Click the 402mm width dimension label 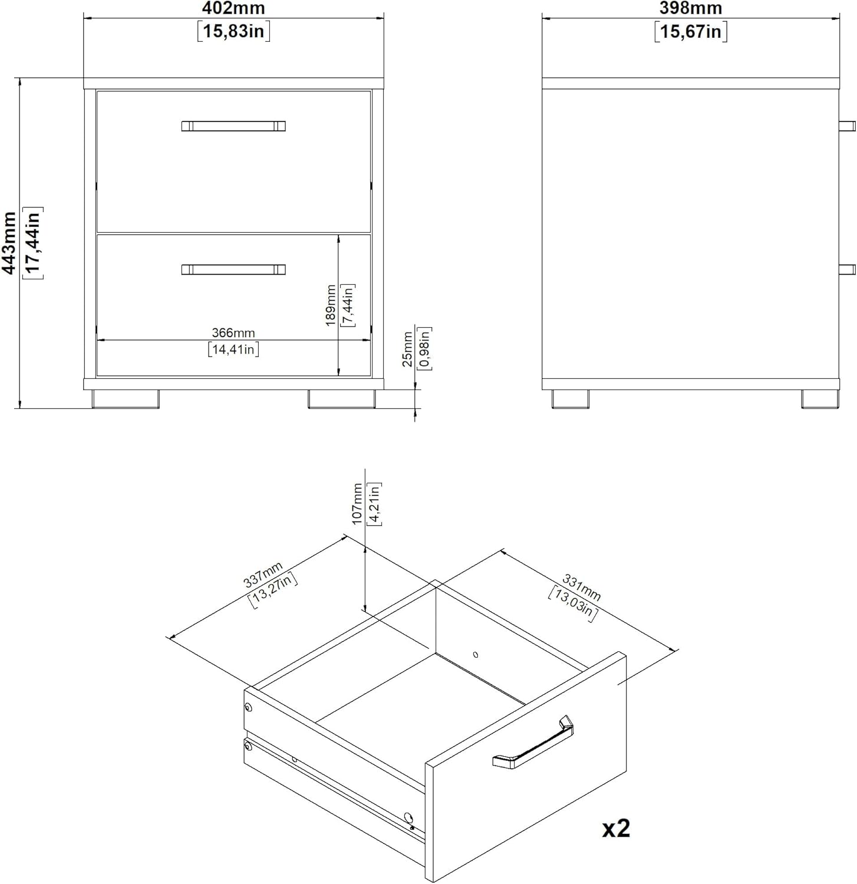coord(233,9)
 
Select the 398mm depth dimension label coord(690,9)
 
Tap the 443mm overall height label coord(9,243)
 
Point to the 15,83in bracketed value coord(233,31)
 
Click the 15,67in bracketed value coord(690,31)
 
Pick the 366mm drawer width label coord(233,333)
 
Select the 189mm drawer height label coord(331,305)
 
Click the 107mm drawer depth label coord(357,504)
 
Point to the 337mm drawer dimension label coord(263,575)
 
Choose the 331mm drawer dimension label coord(581,588)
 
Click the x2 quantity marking coord(616,829)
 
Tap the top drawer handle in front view coord(233,126)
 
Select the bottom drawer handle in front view coord(233,270)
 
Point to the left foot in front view coord(126,399)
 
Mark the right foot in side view coord(819,399)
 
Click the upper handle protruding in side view coord(847,126)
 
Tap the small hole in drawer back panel coord(476,655)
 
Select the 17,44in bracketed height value coord(32,243)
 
